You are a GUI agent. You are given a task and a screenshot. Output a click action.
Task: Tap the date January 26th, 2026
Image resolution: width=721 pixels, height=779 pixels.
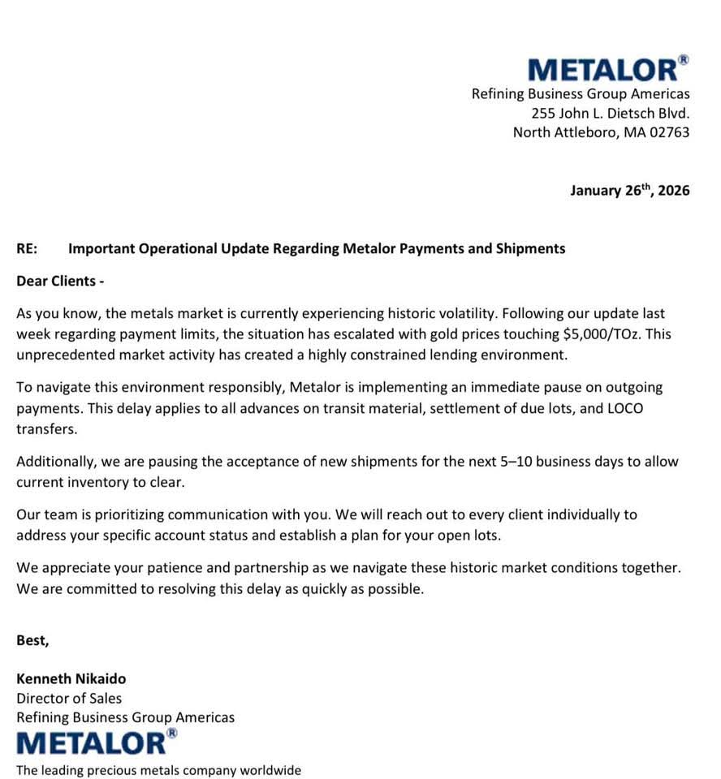point(629,191)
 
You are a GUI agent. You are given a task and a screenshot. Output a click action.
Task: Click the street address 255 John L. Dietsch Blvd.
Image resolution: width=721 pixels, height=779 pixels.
point(610,113)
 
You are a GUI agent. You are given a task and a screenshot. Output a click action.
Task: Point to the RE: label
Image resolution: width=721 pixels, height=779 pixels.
point(27,249)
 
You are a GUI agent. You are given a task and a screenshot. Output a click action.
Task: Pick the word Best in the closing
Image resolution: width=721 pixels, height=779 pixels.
point(32,640)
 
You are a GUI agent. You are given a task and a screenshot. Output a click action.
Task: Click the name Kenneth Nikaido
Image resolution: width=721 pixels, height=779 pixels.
point(71,678)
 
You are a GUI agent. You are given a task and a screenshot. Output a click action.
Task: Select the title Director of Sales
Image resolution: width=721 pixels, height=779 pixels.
point(69,698)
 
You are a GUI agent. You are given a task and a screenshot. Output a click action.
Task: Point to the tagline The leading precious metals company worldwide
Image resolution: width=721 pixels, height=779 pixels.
point(158,770)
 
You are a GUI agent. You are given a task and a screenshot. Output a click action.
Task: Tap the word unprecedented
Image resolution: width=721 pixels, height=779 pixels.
point(62,355)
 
